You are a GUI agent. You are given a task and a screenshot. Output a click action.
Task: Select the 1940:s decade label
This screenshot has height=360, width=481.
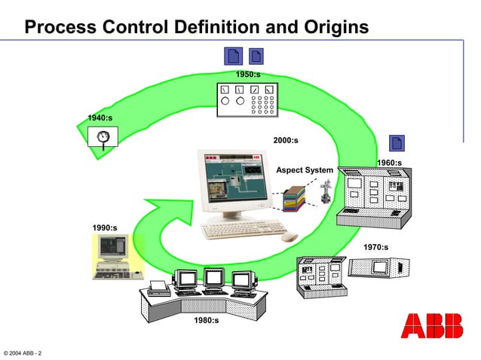(x=100, y=117)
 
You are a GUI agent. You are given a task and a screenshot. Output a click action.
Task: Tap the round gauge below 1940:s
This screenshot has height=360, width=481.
(x=103, y=137)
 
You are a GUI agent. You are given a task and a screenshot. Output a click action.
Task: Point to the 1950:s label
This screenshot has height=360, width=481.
(x=247, y=75)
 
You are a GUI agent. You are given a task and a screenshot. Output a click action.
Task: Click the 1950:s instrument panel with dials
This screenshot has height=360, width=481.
(x=247, y=99)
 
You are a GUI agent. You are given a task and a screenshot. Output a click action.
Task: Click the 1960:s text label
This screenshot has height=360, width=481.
(x=389, y=163)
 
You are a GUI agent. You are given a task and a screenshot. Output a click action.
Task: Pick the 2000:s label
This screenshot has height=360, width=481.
(x=286, y=140)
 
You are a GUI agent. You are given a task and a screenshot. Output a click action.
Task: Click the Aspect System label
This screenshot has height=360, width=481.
(x=304, y=170)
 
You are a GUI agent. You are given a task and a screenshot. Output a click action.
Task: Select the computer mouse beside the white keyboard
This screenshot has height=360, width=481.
(x=290, y=236)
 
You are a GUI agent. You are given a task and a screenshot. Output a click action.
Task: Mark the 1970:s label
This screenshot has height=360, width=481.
(x=375, y=247)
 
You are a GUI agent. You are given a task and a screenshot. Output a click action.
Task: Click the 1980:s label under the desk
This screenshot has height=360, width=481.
(x=206, y=320)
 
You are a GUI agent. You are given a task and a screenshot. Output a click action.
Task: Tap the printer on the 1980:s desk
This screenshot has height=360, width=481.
(x=158, y=287)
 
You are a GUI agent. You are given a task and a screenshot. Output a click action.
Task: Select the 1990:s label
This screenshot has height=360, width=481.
(x=104, y=227)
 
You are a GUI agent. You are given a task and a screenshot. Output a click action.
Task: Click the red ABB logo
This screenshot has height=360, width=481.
(x=432, y=325)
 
